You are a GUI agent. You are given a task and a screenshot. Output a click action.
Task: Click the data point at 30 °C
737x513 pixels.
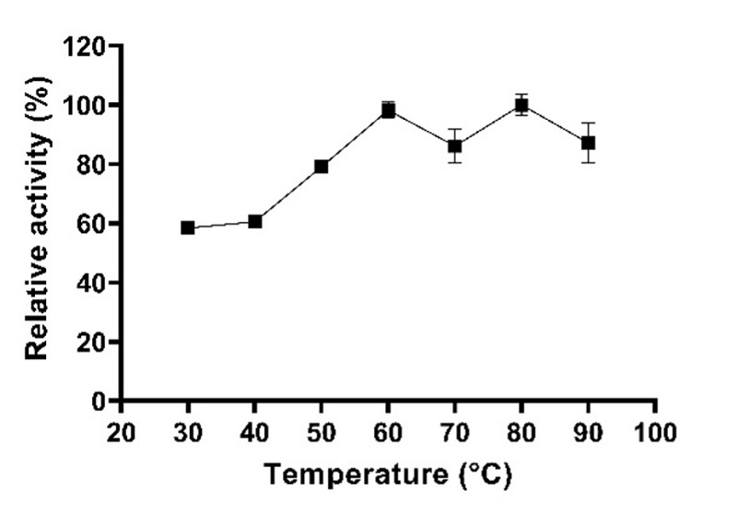click(x=188, y=227)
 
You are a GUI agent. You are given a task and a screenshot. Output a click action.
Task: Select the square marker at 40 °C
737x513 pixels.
click(x=255, y=221)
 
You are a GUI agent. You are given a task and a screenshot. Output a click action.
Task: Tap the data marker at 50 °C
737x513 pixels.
click(x=322, y=167)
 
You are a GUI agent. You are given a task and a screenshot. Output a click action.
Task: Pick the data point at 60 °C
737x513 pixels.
click(x=389, y=111)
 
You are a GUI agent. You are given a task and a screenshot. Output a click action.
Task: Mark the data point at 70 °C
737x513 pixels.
click(x=455, y=146)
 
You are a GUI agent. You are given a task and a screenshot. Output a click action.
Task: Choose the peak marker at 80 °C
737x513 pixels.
click(x=521, y=105)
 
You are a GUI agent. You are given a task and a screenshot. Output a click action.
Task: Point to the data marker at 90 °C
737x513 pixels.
click(x=588, y=143)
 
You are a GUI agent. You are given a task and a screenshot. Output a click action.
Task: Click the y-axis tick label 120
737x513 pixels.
click(x=84, y=46)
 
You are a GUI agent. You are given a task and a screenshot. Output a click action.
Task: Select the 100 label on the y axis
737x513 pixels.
click(x=84, y=105)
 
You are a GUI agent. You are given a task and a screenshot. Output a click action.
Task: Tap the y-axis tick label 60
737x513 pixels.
click(x=90, y=224)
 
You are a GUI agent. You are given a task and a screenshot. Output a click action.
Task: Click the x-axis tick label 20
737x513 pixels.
click(x=121, y=432)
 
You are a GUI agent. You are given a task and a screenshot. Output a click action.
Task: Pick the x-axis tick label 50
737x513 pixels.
click(x=322, y=432)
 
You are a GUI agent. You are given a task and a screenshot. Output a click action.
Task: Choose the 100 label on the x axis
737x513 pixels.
click(x=655, y=432)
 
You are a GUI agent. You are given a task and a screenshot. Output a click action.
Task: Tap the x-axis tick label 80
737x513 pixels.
click(x=521, y=432)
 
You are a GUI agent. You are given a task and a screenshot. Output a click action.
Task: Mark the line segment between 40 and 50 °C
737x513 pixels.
click(x=288, y=194)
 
